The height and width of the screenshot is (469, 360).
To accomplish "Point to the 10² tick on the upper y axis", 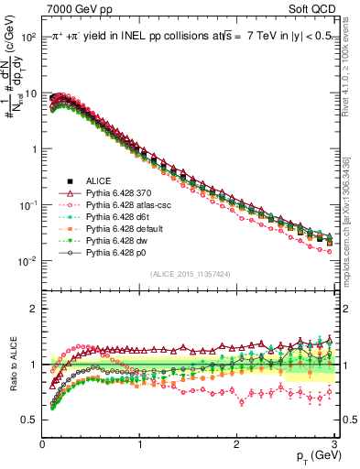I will pos(29,38).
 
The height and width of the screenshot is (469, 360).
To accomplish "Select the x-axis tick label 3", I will pos(334,444).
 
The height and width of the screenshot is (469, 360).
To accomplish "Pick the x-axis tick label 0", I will pos(42,444).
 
